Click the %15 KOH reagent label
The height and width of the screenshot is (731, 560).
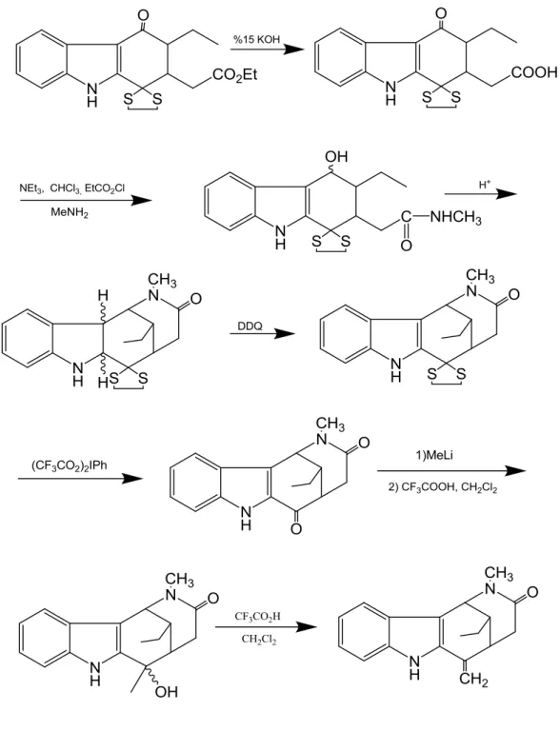click(256, 39)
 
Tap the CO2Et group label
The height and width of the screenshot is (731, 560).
click(235, 75)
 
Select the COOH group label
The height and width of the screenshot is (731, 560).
click(535, 72)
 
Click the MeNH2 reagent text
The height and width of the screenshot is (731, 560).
click(70, 213)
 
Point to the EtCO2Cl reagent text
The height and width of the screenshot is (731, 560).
click(105, 188)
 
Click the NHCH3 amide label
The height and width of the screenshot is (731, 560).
click(455, 218)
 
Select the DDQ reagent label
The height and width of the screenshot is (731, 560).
click(250, 326)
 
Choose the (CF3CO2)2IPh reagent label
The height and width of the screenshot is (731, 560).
click(70, 465)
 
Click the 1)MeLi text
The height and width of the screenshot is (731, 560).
click(434, 456)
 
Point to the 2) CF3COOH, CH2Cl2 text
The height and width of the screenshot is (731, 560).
click(443, 487)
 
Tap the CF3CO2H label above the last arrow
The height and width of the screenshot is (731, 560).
click(257, 617)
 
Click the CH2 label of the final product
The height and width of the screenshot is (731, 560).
click(473, 679)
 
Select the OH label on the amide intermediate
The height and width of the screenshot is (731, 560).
click(337, 156)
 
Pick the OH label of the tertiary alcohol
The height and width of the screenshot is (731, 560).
click(167, 691)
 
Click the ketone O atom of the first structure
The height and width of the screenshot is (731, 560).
click(143, 15)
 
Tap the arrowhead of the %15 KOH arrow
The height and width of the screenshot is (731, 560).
click(294, 49)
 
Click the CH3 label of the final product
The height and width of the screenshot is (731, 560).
click(498, 574)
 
